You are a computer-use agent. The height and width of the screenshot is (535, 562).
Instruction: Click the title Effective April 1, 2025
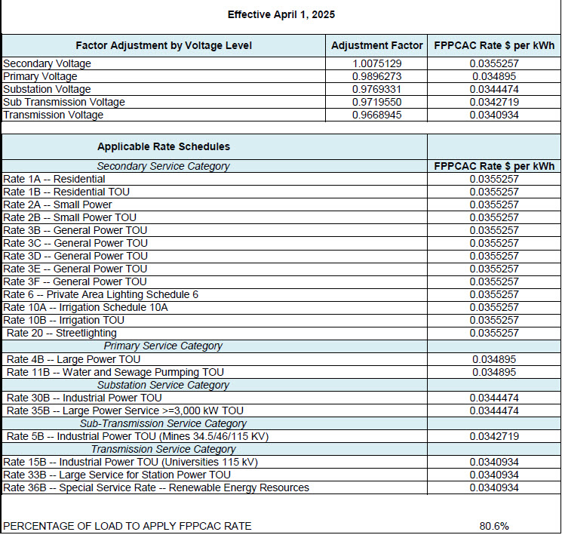point(281,14)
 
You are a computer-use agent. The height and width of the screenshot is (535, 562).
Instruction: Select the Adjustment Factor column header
point(376,46)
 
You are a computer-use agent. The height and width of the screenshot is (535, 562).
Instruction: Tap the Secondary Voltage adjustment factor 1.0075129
point(376,63)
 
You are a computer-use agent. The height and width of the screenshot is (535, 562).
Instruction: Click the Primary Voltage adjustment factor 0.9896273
point(376,76)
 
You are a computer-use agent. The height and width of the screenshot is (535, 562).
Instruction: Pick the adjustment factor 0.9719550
point(376,102)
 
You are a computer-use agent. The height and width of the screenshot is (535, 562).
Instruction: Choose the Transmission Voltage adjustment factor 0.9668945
point(376,115)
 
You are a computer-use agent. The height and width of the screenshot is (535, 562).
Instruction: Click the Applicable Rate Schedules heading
point(164,146)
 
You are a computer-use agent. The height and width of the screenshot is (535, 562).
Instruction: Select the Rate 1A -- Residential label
point(54,179)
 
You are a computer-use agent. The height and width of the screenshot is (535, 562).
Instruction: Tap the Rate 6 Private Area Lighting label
point(100,294)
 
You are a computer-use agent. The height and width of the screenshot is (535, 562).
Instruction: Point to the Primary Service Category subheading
point(163,346)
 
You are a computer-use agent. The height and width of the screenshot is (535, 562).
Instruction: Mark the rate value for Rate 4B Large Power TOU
point(494,359)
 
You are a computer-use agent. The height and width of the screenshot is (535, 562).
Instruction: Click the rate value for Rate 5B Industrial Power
point(494,436)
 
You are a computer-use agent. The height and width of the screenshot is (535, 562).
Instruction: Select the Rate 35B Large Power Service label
point(125,410)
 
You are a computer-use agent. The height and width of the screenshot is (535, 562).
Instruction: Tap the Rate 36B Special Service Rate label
point(156,487)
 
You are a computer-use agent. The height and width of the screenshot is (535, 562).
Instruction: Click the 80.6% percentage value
point(494,525)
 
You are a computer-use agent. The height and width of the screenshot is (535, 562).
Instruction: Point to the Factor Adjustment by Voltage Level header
point(164,46)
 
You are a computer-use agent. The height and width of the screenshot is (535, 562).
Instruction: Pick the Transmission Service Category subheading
point(164,449)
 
